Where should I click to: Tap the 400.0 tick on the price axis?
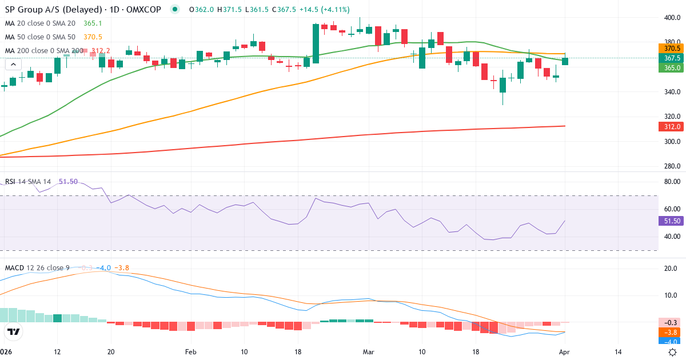[672, 18]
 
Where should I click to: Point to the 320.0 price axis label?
[672, 117]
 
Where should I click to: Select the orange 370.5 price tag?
[672, 49]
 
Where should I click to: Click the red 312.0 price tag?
[672, 127]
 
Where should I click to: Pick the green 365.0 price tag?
[672, 67]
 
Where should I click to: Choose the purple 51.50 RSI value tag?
[672, 221]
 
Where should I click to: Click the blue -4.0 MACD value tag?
[672, 342]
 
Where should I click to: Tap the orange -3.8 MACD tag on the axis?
[672, 332]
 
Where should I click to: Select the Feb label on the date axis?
[190, 353]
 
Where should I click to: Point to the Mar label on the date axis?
[368, 353]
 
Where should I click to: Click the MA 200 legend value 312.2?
[101, 50]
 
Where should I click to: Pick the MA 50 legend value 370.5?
[92, 37]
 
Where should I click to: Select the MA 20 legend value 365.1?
[92, 23]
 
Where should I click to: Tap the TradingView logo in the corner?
[14, 331]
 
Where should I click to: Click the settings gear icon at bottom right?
[673, 352]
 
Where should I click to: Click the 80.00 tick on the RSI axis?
[672, 182]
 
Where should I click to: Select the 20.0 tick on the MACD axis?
[672, 269]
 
